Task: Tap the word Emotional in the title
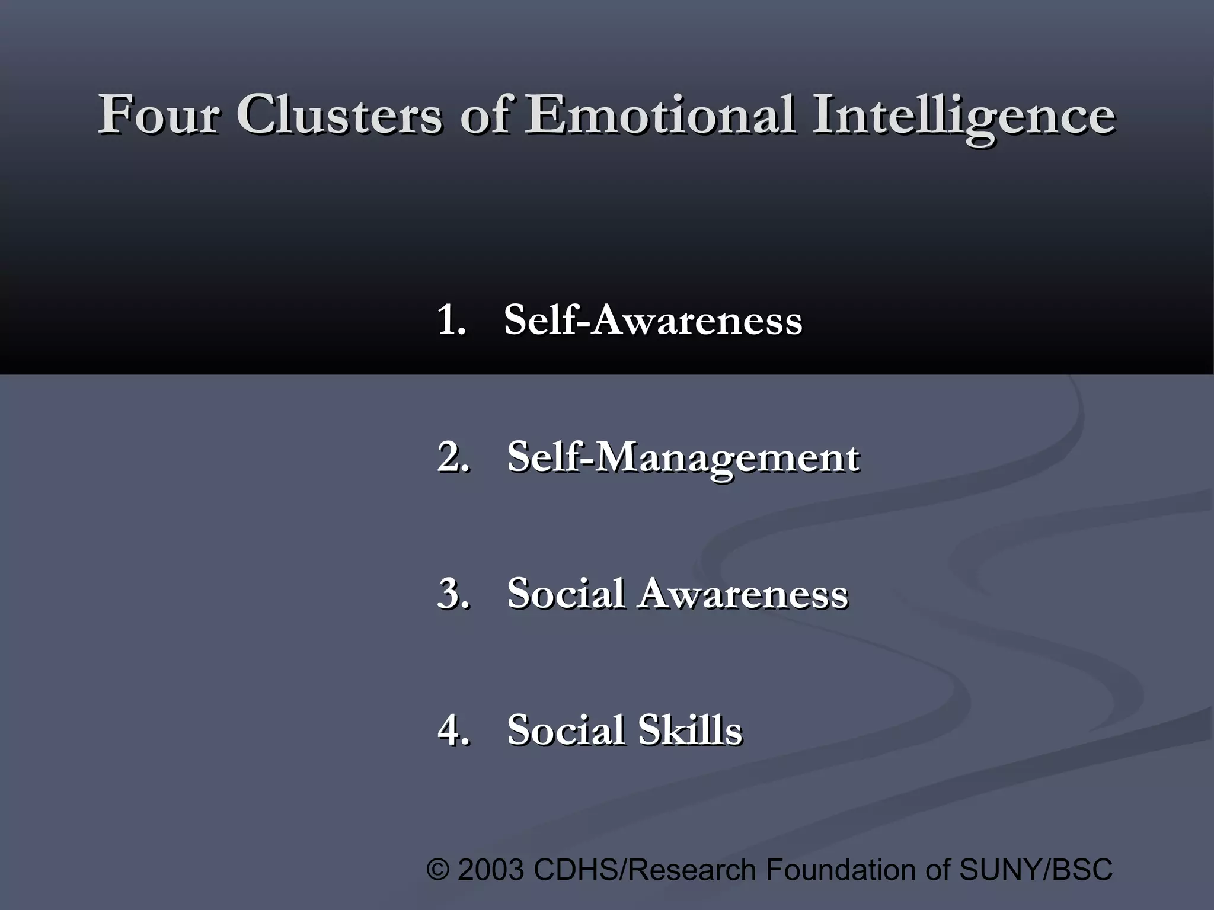click(660, 114)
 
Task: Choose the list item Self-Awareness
click(653, 320)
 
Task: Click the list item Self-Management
click(683, 458)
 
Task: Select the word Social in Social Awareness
click(566, 593)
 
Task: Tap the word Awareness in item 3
click(743, 593)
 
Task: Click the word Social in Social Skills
click(566, 729)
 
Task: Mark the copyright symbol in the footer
click(437, 870)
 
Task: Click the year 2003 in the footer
click(491, 870)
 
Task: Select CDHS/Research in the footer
click(645, 870)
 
